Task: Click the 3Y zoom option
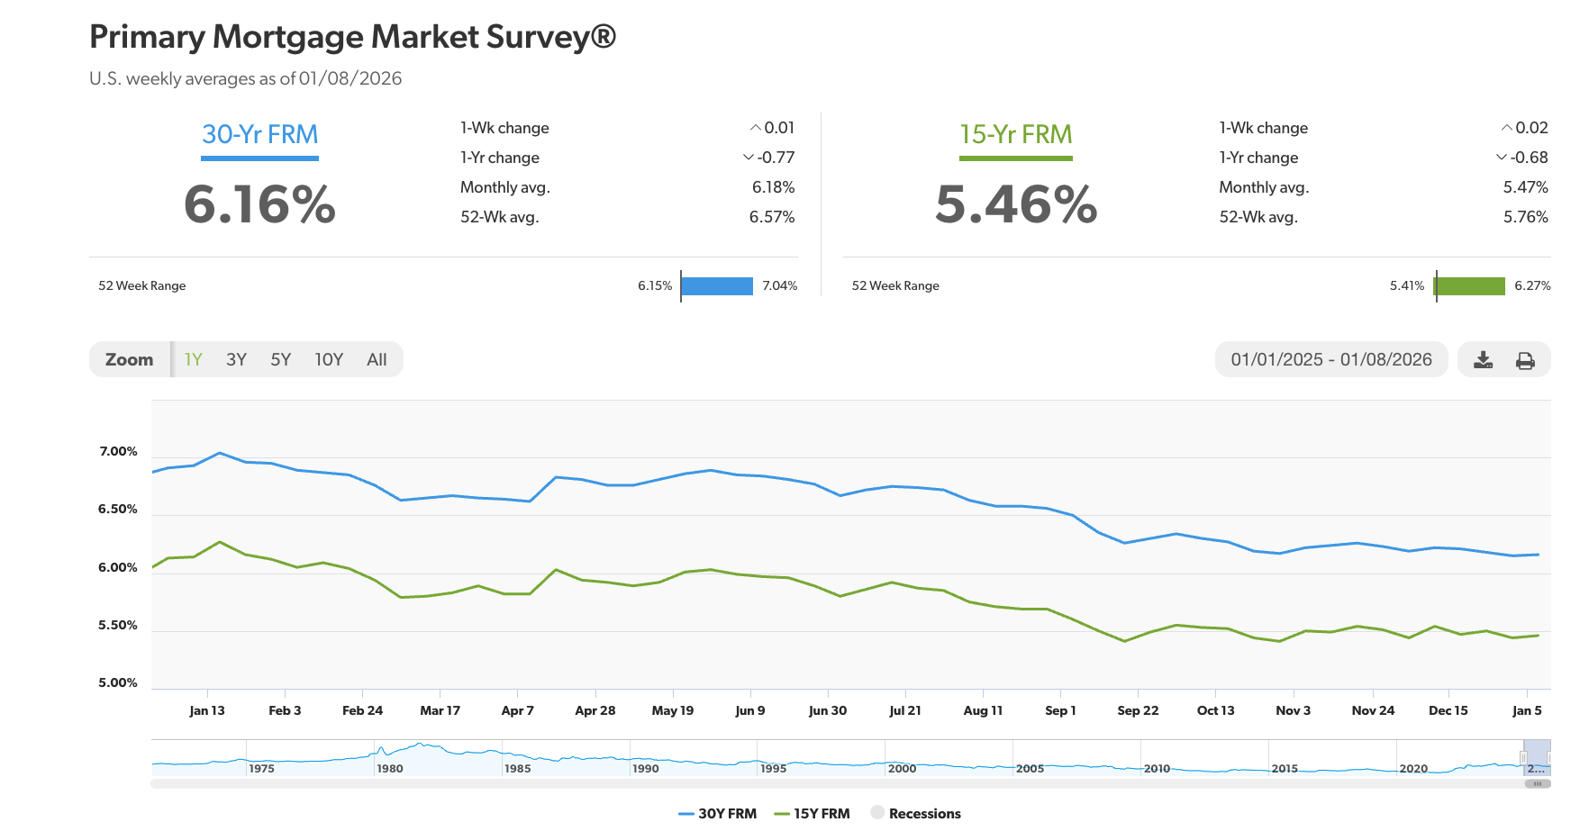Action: pos(236,359)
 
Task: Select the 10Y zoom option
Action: pos(329,359)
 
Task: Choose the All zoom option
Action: pos(377,359)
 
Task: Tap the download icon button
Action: pos(1483,360)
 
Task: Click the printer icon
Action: pos(1525,360)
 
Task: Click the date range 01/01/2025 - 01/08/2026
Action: pos(1330,359)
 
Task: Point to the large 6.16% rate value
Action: pos(259,204)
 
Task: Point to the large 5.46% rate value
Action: pos(1016,204)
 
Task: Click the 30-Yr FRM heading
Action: pos(259,134)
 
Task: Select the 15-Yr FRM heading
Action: pos(1015,134)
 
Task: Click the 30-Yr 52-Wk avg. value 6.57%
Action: pos(771,217)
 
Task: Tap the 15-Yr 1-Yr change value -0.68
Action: pos(1528,158)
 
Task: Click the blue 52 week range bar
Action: pos(717,285)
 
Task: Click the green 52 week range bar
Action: pos(1470,285)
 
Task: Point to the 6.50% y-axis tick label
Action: pos(118,509)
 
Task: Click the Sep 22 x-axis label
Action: pos(1138,710)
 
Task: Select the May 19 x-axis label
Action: pos(672,710)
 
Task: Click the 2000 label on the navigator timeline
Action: pos(902,768)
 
